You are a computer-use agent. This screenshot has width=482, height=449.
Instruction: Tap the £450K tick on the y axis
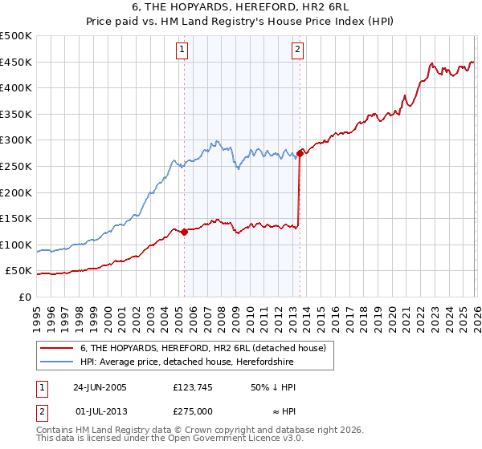point(16,63)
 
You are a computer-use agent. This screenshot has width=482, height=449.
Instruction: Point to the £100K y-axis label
point(16,245)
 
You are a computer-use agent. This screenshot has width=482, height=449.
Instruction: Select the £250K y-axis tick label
point(16,167)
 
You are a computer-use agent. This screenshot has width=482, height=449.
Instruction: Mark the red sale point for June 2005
point(184,232)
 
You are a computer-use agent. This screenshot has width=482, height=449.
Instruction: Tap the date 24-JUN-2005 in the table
point(100,386)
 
